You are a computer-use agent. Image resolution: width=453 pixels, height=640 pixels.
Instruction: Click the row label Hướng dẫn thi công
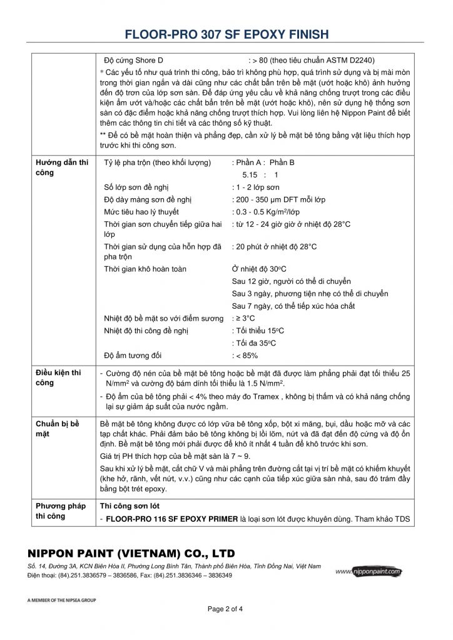[62, 167]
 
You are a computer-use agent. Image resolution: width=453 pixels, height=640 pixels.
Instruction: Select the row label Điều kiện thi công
[59, 377]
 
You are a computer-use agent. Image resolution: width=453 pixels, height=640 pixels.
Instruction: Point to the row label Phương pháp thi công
[61, 511]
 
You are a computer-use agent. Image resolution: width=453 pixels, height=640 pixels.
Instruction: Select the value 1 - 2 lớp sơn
[255, 187]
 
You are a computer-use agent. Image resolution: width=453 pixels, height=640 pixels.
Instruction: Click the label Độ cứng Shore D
[134, 61]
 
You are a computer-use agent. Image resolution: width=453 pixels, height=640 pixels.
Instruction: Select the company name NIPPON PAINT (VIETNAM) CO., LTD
[131, 554]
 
